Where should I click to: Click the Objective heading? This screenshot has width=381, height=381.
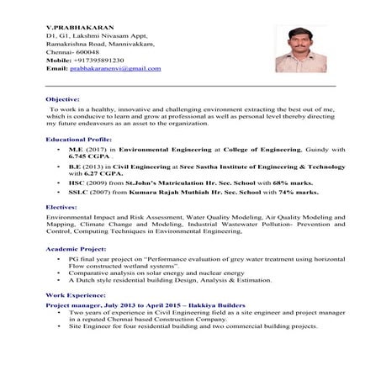tap(62, 99)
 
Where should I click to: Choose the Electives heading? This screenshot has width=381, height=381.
tap(61, 205)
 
